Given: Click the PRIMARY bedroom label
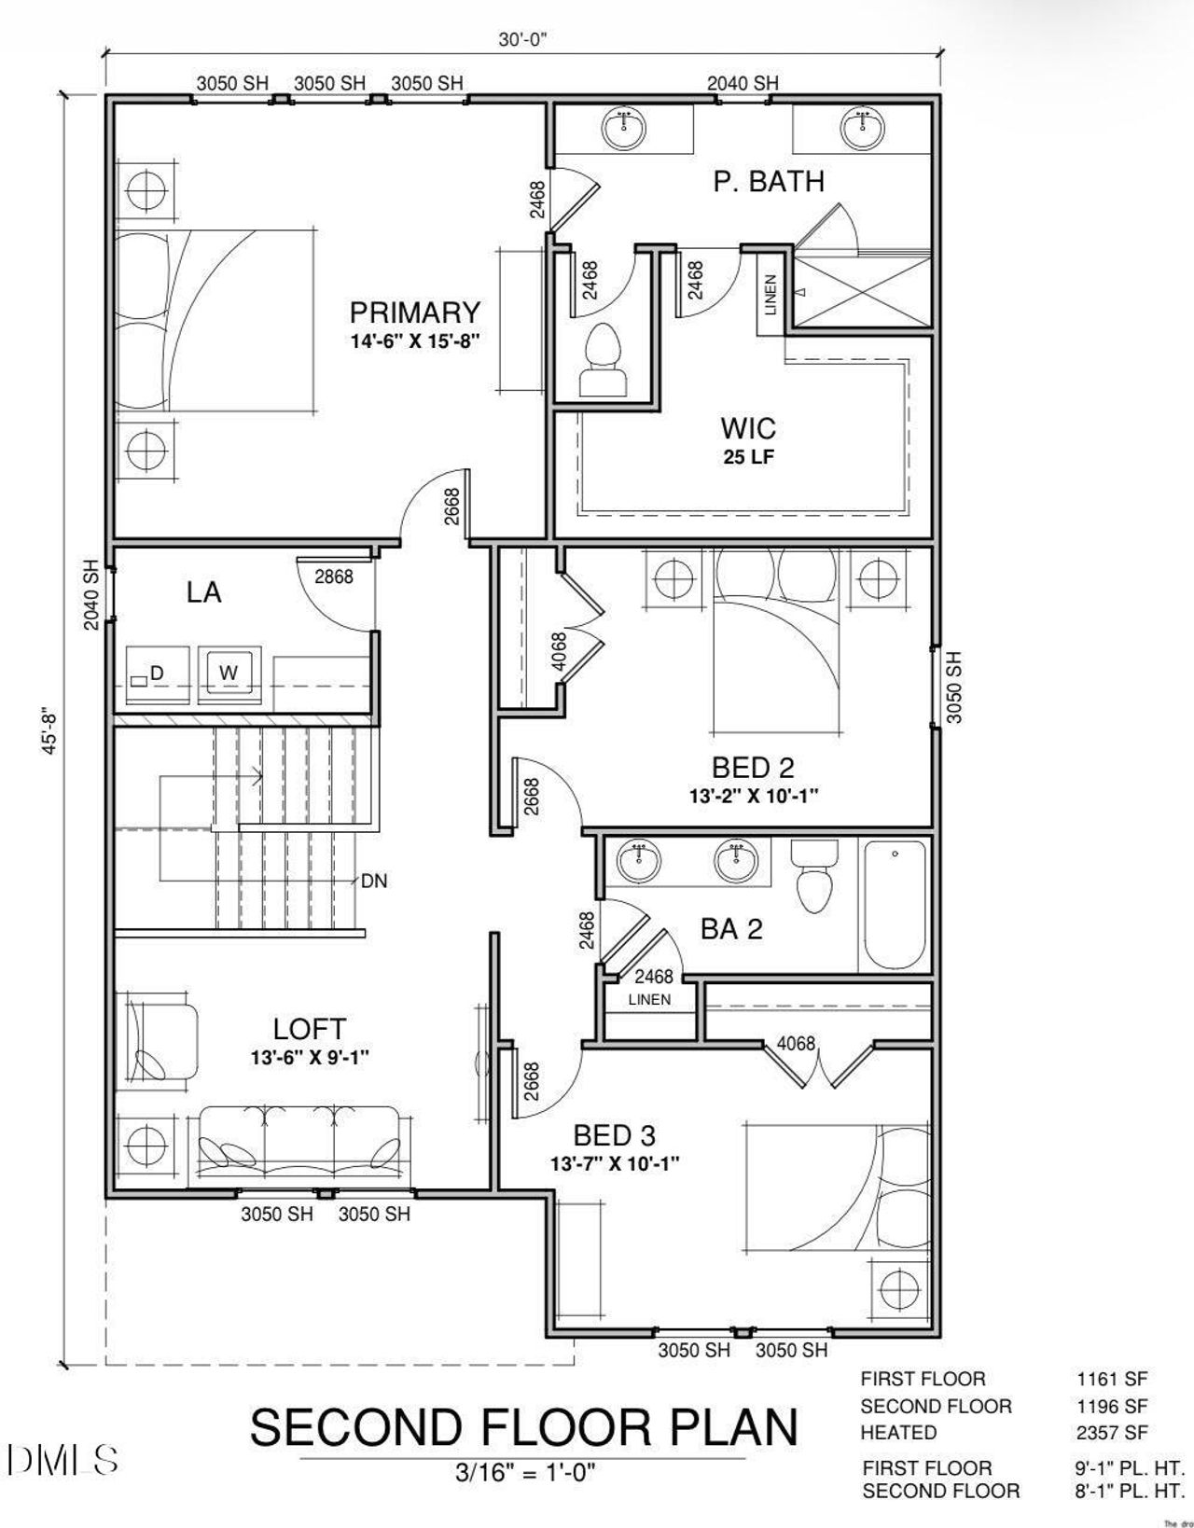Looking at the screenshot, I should [x=414, y=313].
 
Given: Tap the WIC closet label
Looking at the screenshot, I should [x=747, y=429].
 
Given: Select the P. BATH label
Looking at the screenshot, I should [x=769, y=181].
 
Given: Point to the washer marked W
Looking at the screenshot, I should [x=229, y=673].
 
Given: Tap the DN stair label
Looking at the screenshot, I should [x=374, y=881].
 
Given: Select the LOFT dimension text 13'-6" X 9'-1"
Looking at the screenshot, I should [x=311, y=1058].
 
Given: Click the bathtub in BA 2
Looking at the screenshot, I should [x=895, y=906].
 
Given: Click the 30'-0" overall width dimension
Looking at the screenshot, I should [x=521, y=38].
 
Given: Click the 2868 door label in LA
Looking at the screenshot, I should [x=333, y=576].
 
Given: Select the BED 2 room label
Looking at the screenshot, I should [x=753, y=768].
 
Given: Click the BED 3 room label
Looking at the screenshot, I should [x=614, y=1135].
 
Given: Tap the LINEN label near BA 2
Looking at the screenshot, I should [x=649, y=1000].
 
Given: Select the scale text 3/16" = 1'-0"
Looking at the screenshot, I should [x=525, y=1473].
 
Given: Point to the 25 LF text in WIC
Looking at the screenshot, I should [x=748, y=457].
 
